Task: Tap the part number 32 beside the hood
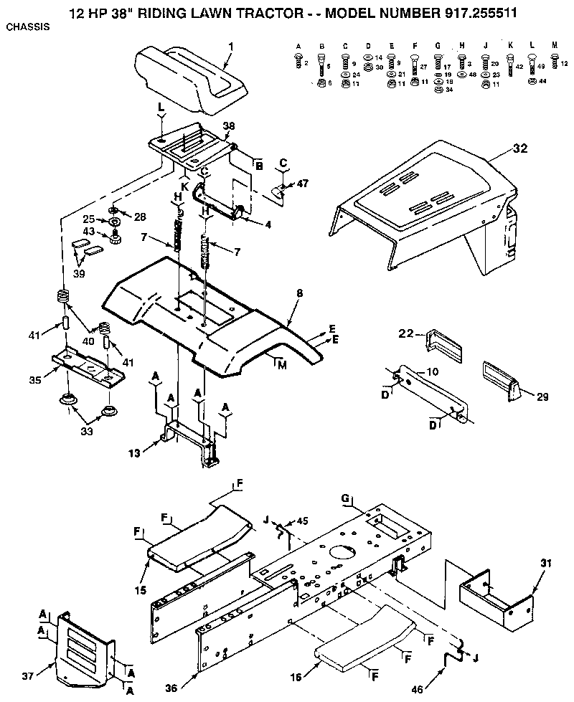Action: point(519,148)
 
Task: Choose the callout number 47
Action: point(302,184)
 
